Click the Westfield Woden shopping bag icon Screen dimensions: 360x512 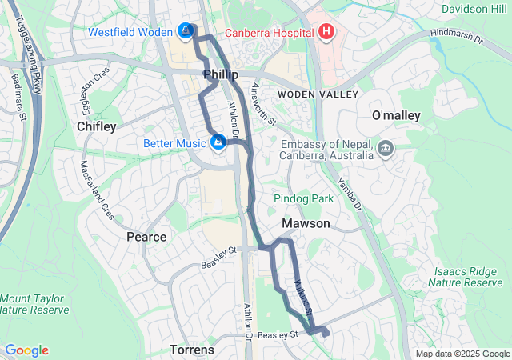click(x=186, y=32)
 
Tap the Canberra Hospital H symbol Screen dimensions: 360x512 click(x=326, y=33)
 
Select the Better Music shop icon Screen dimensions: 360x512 click(x=218, y=143)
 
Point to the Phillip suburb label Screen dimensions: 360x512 click(x=221, y=74)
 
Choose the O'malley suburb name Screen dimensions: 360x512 click(x=396, y=116)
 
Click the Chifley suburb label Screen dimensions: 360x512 click(x=97, y=126)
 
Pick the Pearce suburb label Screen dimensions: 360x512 click(x=146, y=237)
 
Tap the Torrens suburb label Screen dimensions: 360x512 click(x=192, y=350)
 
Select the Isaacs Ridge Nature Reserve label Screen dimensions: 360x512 click(x=468, y=277)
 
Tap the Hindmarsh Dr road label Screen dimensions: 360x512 click(x=457, y=37)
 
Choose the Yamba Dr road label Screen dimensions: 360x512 click(x=350, y=194)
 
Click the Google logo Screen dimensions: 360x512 click(x=26, y=350)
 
